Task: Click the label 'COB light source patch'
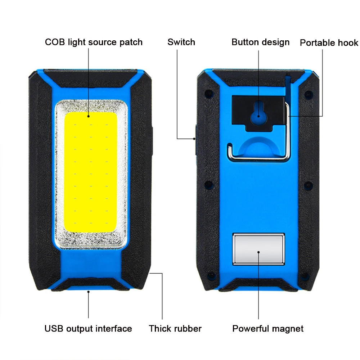pos(94,42)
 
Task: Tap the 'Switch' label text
pos(181,42)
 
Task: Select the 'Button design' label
pos(260,42)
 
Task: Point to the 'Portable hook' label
pos(329,43)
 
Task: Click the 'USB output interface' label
pos(88,328)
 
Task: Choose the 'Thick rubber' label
pos(175,328)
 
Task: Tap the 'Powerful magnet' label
pos(268,328)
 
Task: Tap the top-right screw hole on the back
pos(307,95)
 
